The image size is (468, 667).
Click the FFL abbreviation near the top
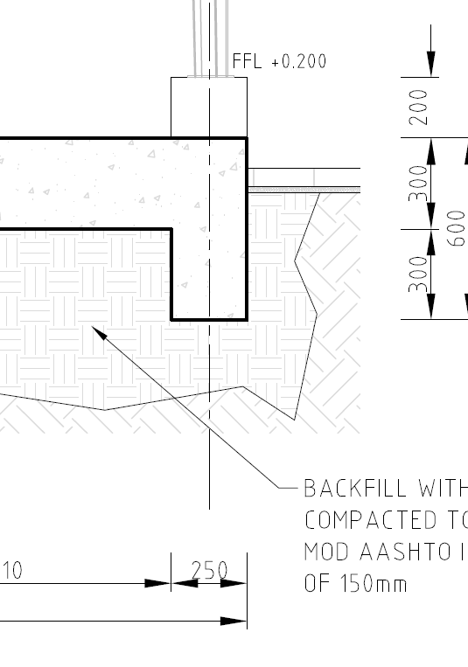click(248, 62)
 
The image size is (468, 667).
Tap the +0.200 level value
click(298, 62)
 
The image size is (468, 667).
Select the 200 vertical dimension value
click(420, 106)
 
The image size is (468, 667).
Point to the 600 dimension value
click(457, 229)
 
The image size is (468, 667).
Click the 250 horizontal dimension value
click(209, 571)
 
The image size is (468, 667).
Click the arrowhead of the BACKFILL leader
click(99, 330)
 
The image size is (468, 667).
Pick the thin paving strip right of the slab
click(304, 189)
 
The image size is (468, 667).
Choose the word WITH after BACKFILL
click(443, 488)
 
